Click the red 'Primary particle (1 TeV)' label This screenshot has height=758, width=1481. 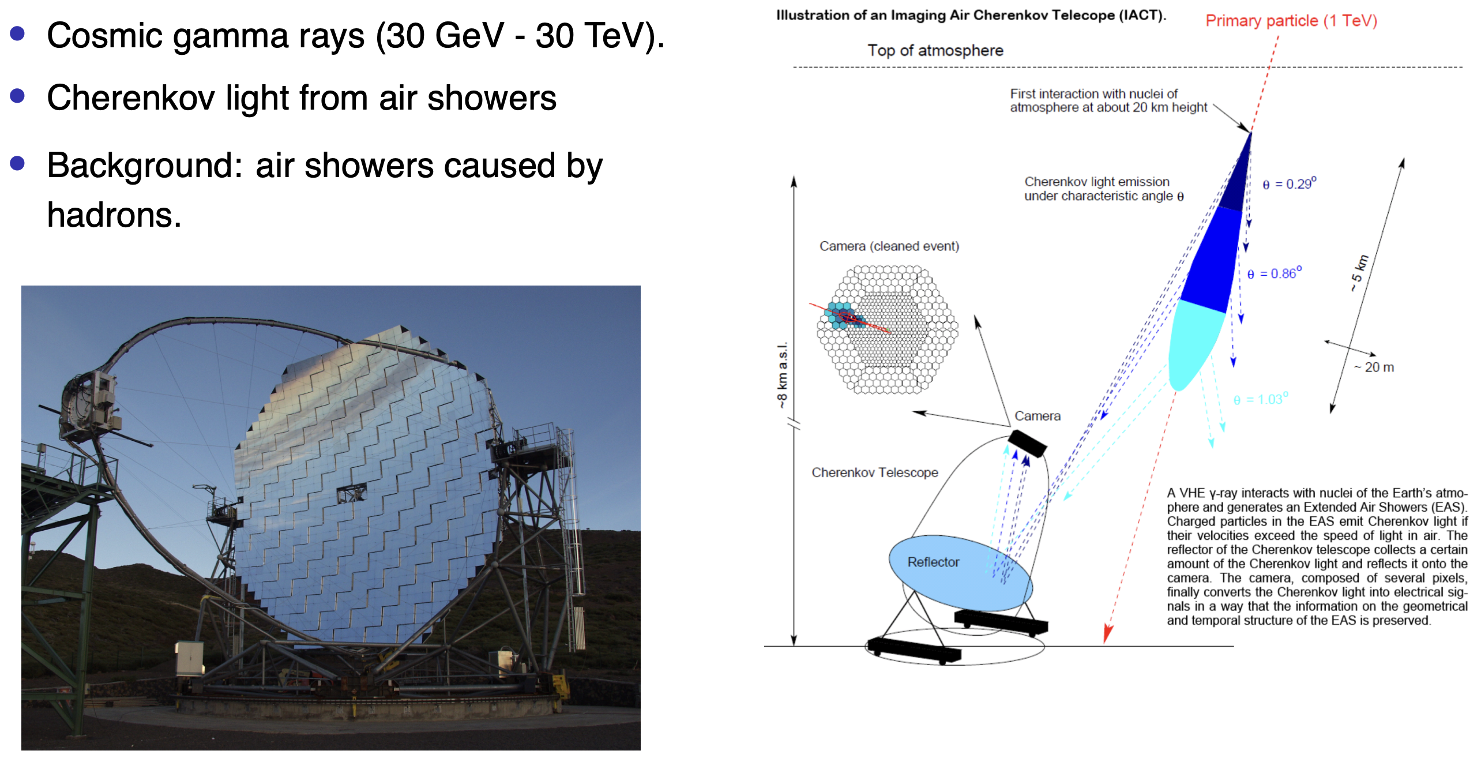(1291, 21)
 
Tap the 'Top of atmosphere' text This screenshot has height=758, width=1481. (935, 51)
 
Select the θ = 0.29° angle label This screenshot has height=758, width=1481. (1290, 183)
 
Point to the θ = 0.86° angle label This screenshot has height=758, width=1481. (1275, 273)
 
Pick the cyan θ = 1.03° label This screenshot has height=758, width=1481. (1261, 399)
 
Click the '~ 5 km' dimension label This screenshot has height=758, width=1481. (1359, 273)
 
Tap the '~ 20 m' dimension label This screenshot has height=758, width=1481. (1374, 367)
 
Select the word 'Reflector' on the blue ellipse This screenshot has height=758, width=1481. (933, 562)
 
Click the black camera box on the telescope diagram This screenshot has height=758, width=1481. (1027, 444)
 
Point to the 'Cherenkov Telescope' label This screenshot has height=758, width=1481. (875, 472)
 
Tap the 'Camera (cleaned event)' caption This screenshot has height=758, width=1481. (889, 246)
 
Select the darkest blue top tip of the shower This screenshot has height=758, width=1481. (1235, 179)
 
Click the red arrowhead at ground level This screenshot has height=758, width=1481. (1107, 634)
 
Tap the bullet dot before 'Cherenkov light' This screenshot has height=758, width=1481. (17, 95)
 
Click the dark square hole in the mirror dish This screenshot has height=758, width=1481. (351, 493)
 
